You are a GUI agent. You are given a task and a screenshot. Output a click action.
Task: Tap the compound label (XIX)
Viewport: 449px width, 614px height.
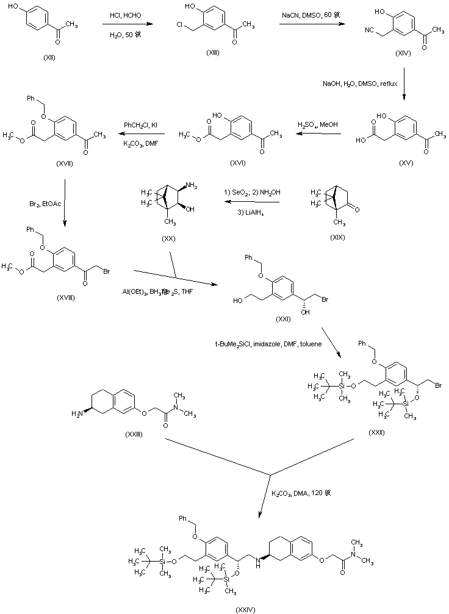[x=337, y=237]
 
